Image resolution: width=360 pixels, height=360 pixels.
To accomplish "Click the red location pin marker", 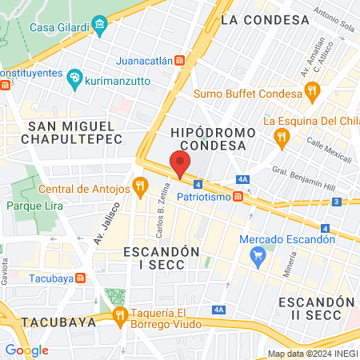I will tap(180, 164).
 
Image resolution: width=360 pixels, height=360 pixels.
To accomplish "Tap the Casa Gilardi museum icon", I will tap(99, 27).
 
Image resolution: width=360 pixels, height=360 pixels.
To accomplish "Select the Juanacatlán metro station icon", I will tap(181, 60).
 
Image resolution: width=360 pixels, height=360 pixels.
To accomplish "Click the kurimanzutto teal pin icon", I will tap(75, 78).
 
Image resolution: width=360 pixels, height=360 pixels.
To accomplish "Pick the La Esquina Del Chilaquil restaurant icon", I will tap(281, 138).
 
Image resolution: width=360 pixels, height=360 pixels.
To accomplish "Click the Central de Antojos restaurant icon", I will tap(140, 189).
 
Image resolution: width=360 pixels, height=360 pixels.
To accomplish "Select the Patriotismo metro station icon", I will tap(238, 197).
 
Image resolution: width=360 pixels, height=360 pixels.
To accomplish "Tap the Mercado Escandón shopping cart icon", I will tap(258, 256).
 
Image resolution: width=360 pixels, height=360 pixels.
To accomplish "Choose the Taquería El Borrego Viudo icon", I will tap(120, 314).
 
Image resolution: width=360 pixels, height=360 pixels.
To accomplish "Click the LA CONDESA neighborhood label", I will tap(265, 19).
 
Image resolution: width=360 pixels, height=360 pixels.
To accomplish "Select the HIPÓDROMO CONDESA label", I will tap(212, 138).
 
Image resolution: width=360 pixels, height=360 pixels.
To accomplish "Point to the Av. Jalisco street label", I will tap(100, 226).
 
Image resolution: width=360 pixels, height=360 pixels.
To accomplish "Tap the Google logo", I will tap(26, 350).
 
